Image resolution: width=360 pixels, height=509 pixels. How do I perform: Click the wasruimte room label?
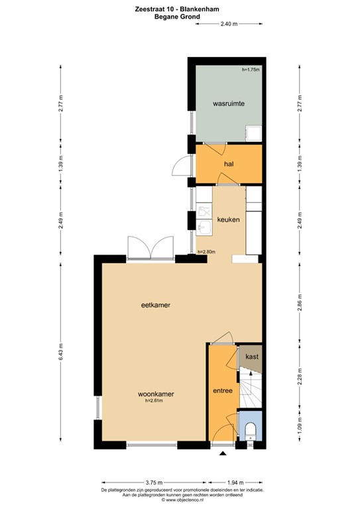coord(229,103)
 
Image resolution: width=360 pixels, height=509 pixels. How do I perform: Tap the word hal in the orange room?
coord(229,164)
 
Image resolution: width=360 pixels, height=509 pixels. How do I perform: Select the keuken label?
coord(228,220)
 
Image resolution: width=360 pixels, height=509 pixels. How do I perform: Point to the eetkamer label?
coord(156,305)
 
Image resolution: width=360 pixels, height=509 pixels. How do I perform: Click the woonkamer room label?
coord(156,394)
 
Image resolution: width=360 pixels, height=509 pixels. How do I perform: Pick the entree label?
coord(223,390)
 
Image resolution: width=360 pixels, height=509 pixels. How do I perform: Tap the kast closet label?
coord(252,357)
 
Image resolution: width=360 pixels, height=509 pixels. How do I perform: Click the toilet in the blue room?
coord(251,431)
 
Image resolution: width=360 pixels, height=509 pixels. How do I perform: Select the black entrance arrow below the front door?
coord(223,453)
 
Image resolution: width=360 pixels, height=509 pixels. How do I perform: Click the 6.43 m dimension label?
coord(60,352)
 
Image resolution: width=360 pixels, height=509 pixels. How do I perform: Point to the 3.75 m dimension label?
coord(154,482)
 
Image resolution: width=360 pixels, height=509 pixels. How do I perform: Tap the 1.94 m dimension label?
coord(235,482)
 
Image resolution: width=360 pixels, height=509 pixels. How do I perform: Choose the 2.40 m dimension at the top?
coord(229,24)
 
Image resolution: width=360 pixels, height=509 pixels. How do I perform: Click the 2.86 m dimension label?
coord(300,302)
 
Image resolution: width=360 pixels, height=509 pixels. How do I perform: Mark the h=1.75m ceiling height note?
coord(251,70)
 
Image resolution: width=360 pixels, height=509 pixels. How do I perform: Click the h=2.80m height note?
coord(206,252)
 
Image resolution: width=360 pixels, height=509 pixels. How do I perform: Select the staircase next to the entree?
coord(251,387)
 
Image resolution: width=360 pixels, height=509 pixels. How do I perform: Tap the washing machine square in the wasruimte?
coord(253,133)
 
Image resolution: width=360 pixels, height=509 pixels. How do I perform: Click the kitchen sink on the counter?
coord(204,227)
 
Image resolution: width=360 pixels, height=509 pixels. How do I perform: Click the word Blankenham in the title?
coord(202,9)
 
